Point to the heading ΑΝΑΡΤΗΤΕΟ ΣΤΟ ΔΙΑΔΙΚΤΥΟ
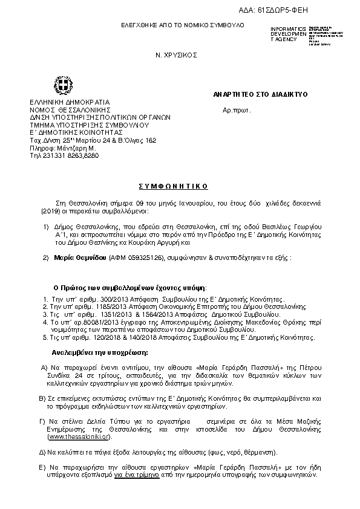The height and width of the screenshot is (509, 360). tap(261, 95)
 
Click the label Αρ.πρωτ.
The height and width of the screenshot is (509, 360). tap(237, 110)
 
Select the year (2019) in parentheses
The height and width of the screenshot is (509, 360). tap(50, 212)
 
